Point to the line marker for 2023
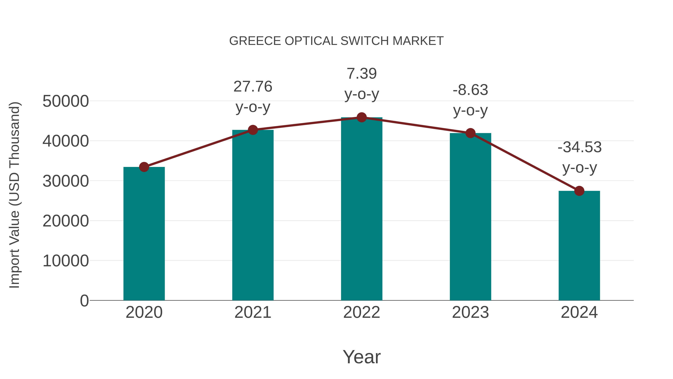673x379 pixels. pos(470,133)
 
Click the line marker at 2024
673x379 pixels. pos(579,191)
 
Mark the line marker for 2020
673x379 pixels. pos(144,167)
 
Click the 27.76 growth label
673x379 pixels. pos(253,87)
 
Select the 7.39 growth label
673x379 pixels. pos(362,74)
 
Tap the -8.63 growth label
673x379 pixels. pos(470,90)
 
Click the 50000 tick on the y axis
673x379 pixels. pos(66,101)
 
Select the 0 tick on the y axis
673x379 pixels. pos(84,301)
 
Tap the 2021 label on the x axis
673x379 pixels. pos(253,312)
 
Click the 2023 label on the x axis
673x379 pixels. pos(470,312)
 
